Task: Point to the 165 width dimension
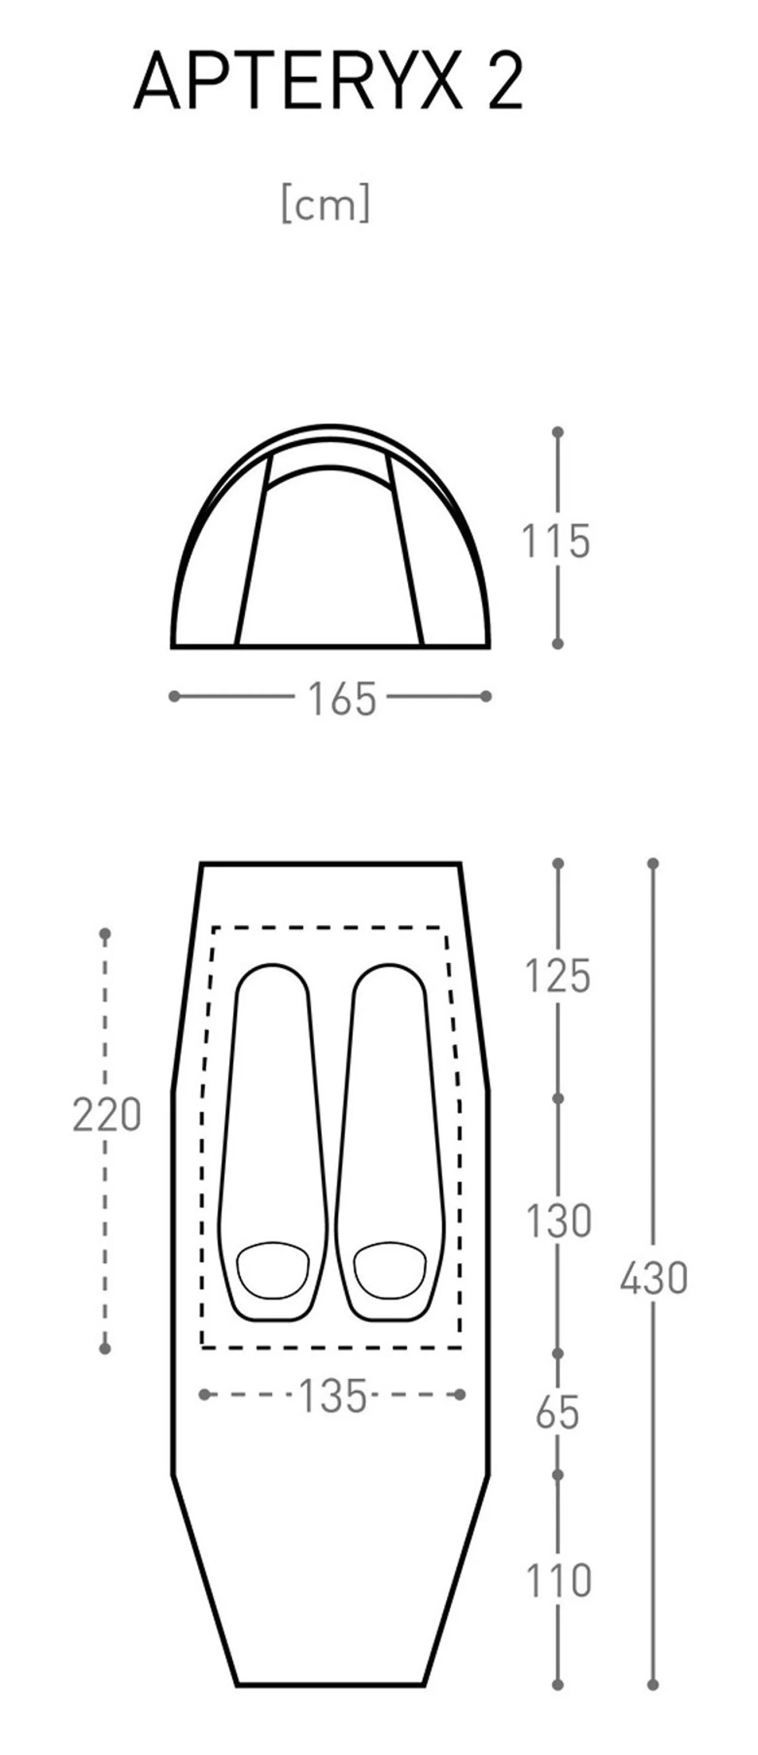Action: (342, 698)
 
